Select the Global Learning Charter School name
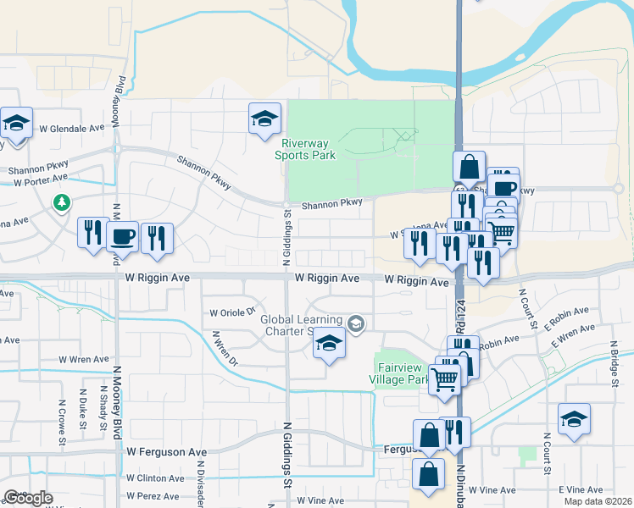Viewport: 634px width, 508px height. click(x=301, y=325)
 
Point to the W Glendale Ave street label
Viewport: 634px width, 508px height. click(x=71, y=129)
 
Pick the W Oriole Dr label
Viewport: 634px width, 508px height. click(x=232, y=311)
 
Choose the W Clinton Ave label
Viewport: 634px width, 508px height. click(x=156, y=478)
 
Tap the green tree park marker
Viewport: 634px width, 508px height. click(x=61, y=202)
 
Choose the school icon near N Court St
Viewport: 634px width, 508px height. click(x=574, y=419)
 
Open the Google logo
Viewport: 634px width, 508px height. click(x=28, y=497)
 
